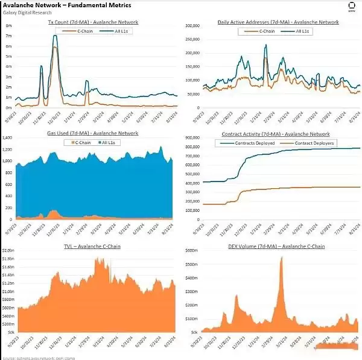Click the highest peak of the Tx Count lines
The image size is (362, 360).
tap(56, 36)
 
